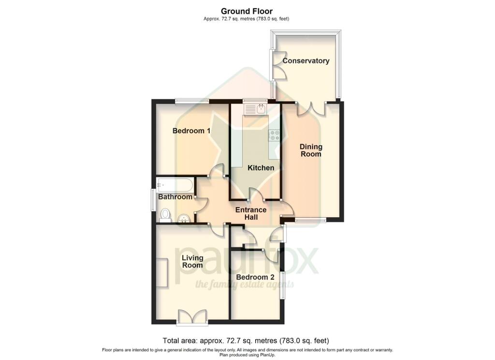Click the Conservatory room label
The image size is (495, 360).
(306, 61)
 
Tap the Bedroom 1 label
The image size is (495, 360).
(191, 131)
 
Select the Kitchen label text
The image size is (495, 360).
(261, 168)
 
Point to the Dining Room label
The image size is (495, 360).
(311, 150)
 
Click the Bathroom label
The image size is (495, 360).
(175, 197)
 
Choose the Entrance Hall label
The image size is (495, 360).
(251, 213)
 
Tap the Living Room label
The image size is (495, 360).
(192, 262)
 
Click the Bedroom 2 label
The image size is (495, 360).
(255, 277)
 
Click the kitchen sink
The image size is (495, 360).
(256, 110)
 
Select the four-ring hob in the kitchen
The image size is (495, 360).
(275, 135)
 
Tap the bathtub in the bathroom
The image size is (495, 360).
(175, 184)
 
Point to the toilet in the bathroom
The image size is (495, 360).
(165, 214)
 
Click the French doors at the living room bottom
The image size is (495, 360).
(192, 317)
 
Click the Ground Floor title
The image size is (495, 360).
(247, 11)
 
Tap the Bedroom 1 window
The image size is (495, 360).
(191, 101)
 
